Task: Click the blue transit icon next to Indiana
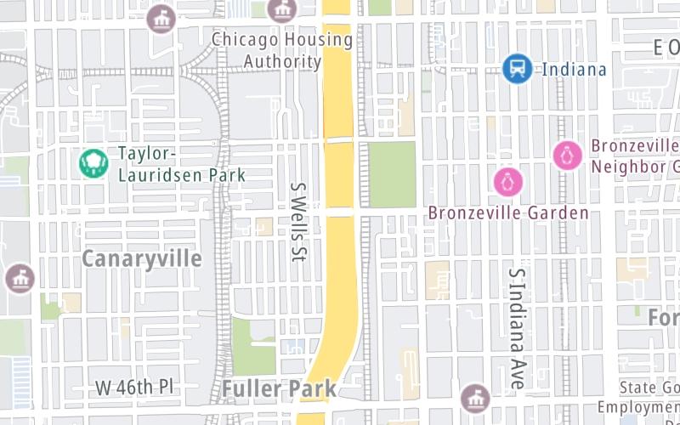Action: click(x=517, y=68)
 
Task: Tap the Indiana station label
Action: click(x=574, y=69)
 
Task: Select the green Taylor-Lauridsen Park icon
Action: click(x=93, y=163)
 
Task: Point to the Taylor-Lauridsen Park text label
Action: click(x=181, y=165)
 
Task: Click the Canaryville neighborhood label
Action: click(x=142, y=258)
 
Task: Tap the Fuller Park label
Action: click(x=280, y=389)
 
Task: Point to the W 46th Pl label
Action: click(x=134, y=387)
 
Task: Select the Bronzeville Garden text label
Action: click(x=508, y=212)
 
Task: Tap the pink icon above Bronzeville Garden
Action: click(x=508, y=182)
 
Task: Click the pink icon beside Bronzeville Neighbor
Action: click(x=567, y=156)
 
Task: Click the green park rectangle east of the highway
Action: click(x=392, y=174)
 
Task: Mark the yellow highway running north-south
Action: click(x=339, y=255)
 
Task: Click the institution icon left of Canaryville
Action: click(x=20, y=278)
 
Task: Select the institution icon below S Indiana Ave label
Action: click(x=474, y=397)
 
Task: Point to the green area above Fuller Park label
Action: click(x=252, y=346)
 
